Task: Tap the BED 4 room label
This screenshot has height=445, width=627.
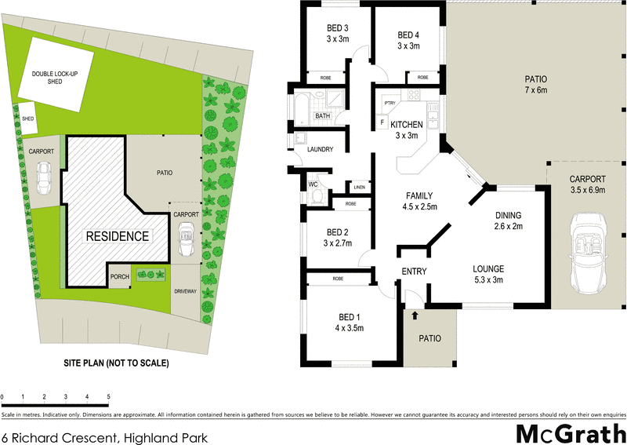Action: [408, 35]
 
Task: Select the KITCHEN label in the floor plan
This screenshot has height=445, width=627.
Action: [407, 124]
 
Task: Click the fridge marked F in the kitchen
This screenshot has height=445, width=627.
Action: [382, 122]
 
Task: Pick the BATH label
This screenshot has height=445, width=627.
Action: [323, 116]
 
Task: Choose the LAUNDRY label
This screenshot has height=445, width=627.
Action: [321, 149]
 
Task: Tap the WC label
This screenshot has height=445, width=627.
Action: [312, 184]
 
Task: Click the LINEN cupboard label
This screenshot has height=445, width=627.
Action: [359, 188]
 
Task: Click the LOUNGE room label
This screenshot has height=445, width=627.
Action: [488, 268]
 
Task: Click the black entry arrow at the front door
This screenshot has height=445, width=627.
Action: [415, 315]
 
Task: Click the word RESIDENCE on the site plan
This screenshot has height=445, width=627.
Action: [118, 235]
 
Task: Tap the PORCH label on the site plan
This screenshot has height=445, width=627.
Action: [119, 276]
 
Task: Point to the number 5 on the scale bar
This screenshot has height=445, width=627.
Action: [108, 397]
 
